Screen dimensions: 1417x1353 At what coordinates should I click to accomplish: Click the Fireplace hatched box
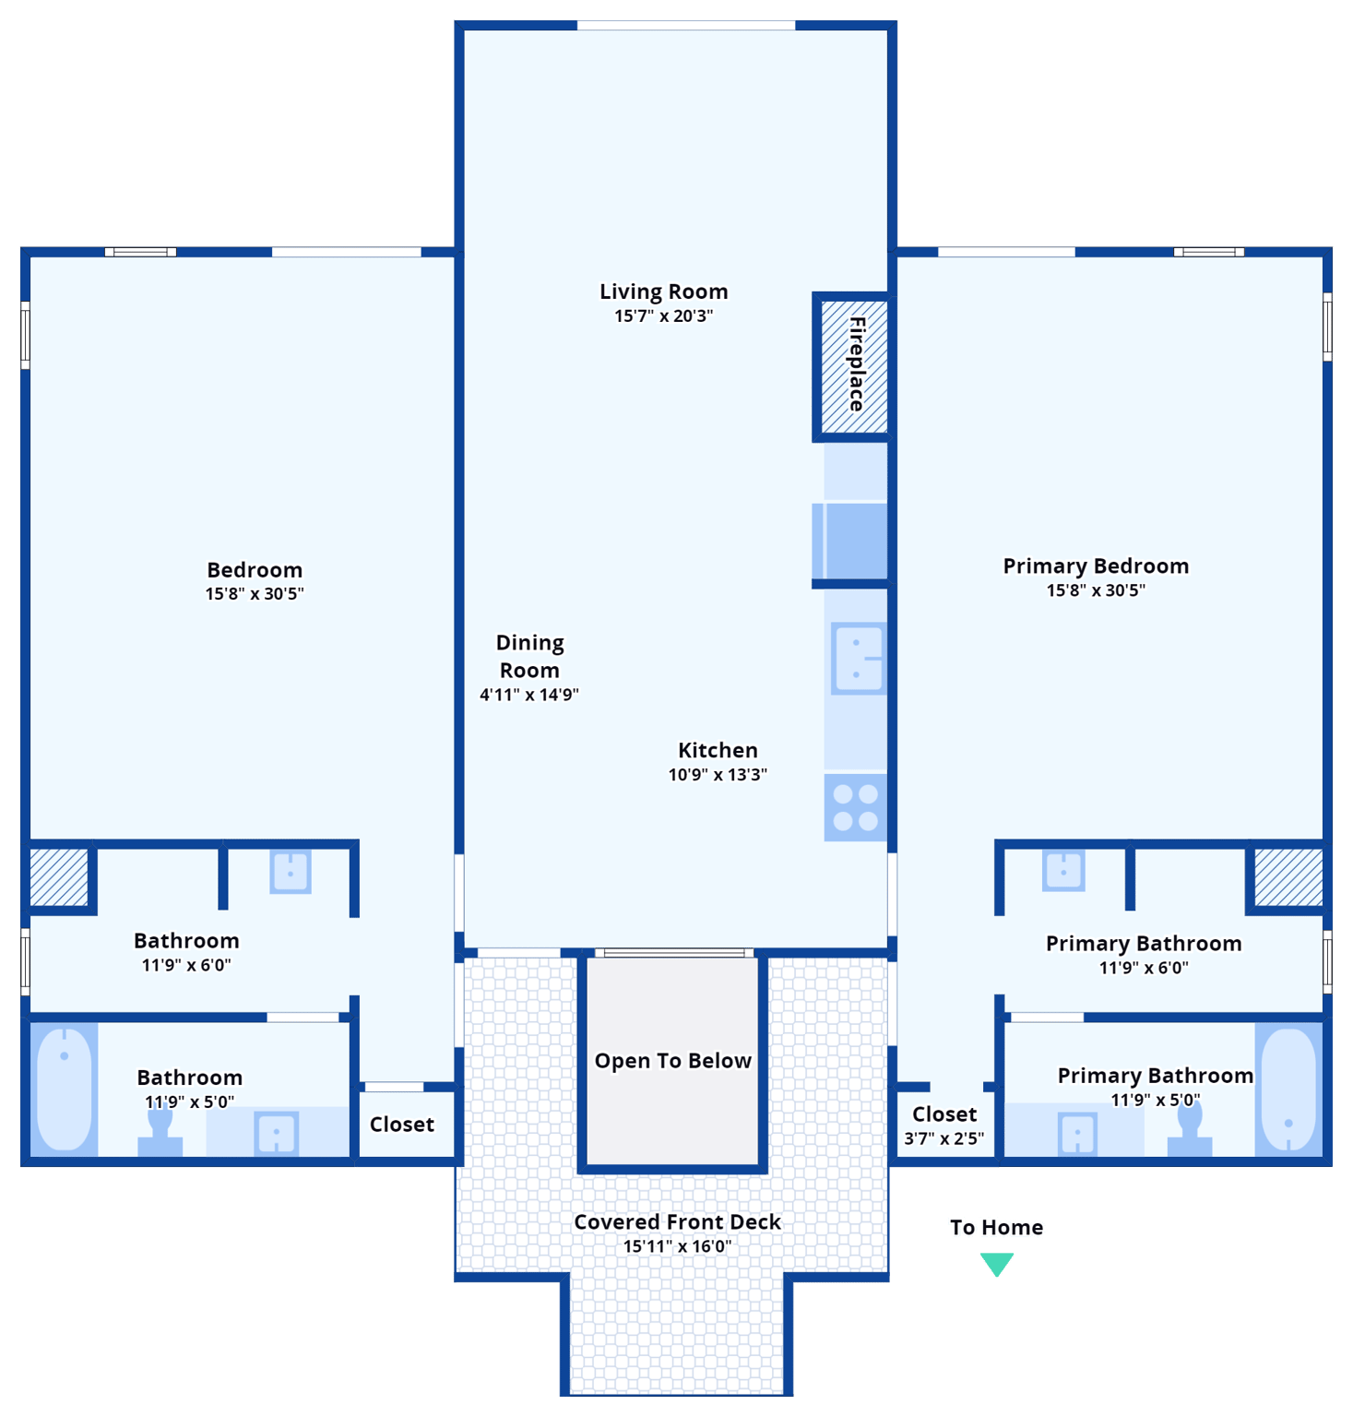(x=854, y=366)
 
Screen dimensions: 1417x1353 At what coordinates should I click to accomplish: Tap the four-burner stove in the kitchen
(x=855, y=807)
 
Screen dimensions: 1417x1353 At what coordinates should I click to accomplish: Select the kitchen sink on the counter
(x=858, y=659)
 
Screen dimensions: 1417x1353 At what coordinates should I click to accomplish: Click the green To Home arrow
(x=996, y=1263)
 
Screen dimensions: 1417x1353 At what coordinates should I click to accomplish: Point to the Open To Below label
(x=672, y=1061)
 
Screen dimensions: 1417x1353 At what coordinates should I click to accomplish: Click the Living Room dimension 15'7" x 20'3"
(x=663, y=316)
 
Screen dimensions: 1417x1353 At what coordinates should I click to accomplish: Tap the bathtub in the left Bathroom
(x=65, y=1089)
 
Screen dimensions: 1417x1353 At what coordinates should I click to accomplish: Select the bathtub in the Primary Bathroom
(x=1288, y=1089)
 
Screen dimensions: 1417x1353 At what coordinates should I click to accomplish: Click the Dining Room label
(x=529, y=656)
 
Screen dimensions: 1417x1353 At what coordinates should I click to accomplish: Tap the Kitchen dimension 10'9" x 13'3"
(x=718, y=775)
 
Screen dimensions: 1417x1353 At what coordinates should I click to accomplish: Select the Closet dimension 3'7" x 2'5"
(x=944, y=1138)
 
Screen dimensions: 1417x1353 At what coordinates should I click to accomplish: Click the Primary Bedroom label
(x=1096, y=566)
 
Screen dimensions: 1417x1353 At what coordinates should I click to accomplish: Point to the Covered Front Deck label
(x=677, y=1221)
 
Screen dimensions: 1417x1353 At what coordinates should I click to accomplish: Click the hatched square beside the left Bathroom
(x=59, y=876)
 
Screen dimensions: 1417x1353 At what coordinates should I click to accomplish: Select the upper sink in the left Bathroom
(x=291, y=872)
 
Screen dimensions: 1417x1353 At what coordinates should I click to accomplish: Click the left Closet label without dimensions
(x=401, y=1125)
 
